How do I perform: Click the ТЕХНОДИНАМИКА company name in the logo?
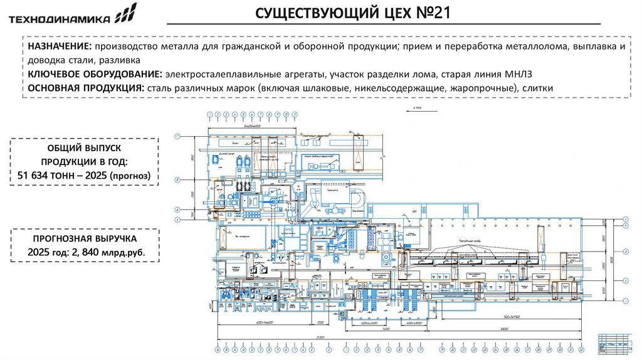click(x=59, y=18)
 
